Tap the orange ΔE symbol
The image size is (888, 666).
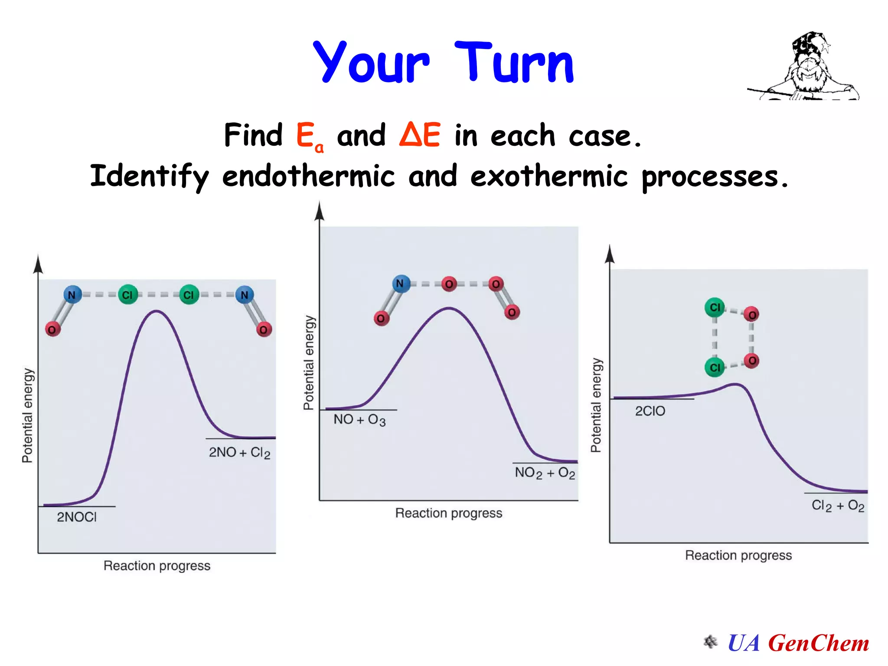click(x=420, y=134)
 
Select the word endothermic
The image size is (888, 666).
click(x=308, y=176)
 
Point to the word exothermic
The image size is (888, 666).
click(x=548, y=176)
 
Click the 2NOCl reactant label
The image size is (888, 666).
click(x=77, y=517)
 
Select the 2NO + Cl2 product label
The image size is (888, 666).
click(x=239, y=453)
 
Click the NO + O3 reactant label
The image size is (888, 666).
click(x=359, y=420)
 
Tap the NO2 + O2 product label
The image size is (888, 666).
click(x=545, y=473)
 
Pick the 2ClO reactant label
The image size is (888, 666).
click(x=650, y=411)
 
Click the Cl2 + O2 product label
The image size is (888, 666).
click(x=837, y=506)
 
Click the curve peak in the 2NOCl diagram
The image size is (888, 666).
click(x=156, y=311)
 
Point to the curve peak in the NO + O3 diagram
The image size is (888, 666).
click(x=449, y=308)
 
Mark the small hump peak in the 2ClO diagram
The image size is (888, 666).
click(x=735, y=384)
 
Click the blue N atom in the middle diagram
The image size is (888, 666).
click(x=401, y=284)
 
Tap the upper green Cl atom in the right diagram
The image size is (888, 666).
click(x=715, y=307)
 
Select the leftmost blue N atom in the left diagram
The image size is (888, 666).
click(x=72, y=295)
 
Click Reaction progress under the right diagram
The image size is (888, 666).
click(x=738, y=555)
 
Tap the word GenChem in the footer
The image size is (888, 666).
click(x=818, y=643)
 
